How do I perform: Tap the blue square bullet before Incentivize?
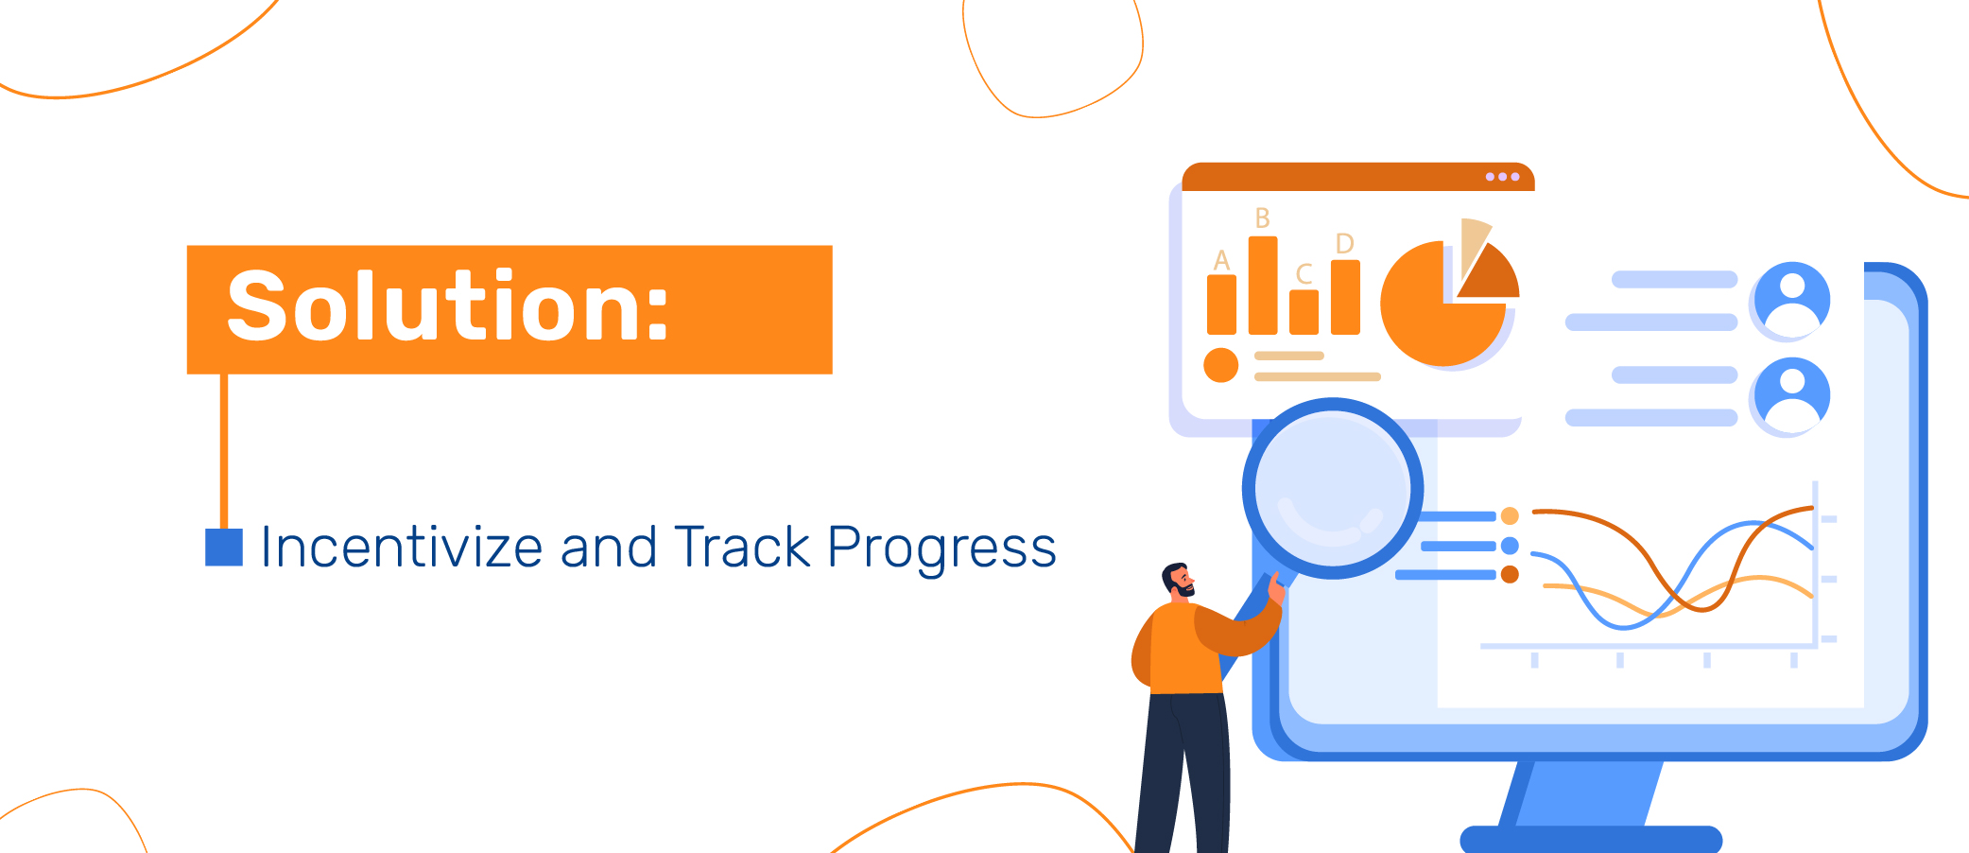pos(224,547)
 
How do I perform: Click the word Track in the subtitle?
pos(742,547)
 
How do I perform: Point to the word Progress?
pos(941,549)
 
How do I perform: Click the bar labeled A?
pos(1221,304)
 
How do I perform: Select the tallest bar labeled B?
pos(1263,285)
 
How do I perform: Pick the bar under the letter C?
pos(1304,311)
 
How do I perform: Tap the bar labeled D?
pos(1345,297)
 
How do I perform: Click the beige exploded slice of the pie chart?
pos(1473,243)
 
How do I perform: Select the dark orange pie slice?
pos(1493,275)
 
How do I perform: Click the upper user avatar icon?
pos(1791,300)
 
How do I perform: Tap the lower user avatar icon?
pos(1791,395)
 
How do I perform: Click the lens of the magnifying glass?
pos(1332,488)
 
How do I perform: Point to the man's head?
pos(1178,579)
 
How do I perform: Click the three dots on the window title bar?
pos(1502,177)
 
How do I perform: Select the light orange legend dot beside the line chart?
pos(1510,515)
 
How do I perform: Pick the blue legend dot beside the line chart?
pos(1510,546)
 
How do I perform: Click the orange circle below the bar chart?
pos(1221,365)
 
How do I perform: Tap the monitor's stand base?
pos(1591,839)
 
